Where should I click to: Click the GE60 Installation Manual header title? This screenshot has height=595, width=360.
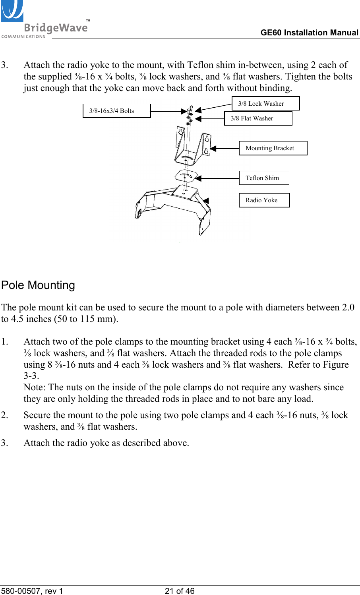click(309, 33)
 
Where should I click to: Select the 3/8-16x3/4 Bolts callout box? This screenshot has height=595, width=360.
click(116, 111)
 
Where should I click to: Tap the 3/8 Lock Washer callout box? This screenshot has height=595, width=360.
click(265, 104)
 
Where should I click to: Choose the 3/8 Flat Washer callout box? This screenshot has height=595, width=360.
click(258, 118)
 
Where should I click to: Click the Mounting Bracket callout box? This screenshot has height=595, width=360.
click(273, 148)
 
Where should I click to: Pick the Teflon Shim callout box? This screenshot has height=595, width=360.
click(264, 178)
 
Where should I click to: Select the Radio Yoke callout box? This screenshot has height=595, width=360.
click(264, 200)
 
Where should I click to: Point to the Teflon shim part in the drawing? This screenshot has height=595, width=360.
click(186, 175)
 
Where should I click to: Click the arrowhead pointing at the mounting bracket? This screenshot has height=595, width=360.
click(213, 149)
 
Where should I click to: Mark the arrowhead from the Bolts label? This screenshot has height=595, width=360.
click(184, 112)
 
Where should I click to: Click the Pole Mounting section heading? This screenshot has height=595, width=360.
click(38, 285)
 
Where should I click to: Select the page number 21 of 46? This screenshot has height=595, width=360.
click(180, 591)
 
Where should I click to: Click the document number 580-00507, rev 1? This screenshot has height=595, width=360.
click(32, 591)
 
